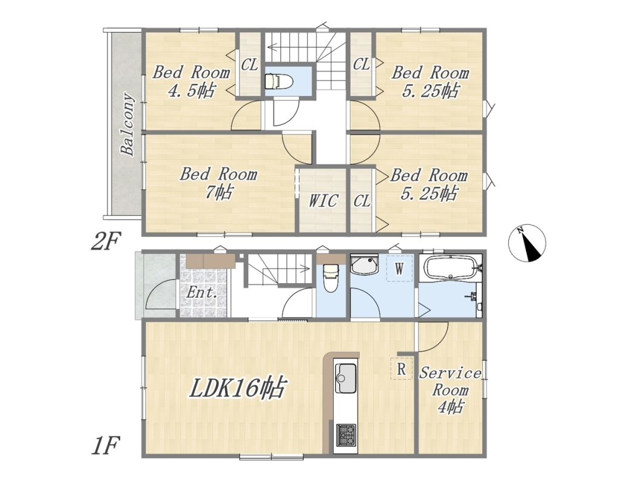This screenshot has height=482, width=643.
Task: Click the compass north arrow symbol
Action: [527, 243]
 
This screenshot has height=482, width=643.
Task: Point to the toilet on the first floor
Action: [330, 278]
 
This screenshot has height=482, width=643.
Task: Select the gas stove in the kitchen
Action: [346, 435]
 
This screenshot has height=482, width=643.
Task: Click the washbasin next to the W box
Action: [364, 265]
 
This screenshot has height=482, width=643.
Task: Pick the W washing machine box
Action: [399, 269]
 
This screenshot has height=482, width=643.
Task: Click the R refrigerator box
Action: [402, 369]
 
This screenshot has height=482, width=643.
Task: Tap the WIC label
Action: [323, 201]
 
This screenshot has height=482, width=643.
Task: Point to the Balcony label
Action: [127, 125]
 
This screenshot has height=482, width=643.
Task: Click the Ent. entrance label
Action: [201, 292]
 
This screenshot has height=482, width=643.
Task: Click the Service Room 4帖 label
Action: [450, 390]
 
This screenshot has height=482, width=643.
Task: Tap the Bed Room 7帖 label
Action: [218, 182]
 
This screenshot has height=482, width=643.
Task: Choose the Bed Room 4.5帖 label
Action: [191, 81]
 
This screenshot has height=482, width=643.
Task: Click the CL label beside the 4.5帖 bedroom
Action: [249, 65]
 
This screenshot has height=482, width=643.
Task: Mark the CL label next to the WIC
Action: [362, 201]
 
